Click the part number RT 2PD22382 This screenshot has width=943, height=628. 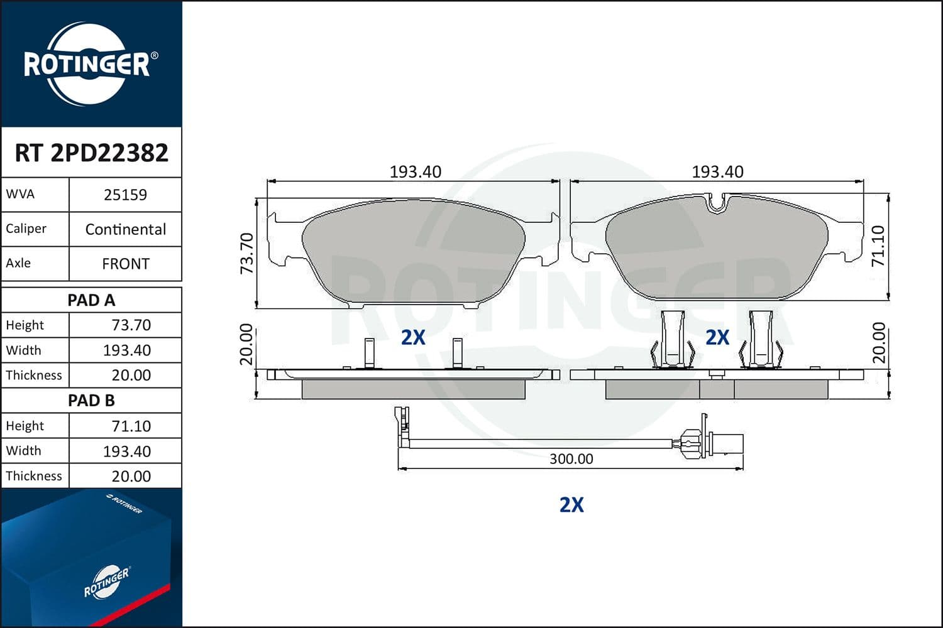(91, 153)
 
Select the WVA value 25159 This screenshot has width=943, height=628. (125, 195)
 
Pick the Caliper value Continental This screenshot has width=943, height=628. (125, 229)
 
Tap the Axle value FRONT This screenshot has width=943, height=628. (125, 264)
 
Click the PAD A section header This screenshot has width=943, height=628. (91, 300)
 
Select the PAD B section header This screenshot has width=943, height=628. (91, 401)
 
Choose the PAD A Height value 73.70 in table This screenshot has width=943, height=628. (131, 325)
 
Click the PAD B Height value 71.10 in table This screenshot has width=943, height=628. (131, 426)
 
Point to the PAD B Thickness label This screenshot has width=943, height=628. (34, 476)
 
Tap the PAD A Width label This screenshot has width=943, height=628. (23, 350)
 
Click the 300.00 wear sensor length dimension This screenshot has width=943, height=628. (571, 459)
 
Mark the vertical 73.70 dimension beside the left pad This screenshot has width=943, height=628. (247, 253)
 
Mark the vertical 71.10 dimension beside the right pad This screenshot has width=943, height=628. (878, 246)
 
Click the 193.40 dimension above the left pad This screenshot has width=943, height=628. (415, 171)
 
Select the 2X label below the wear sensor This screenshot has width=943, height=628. (571, 505)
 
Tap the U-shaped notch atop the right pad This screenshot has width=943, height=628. (717, 203)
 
